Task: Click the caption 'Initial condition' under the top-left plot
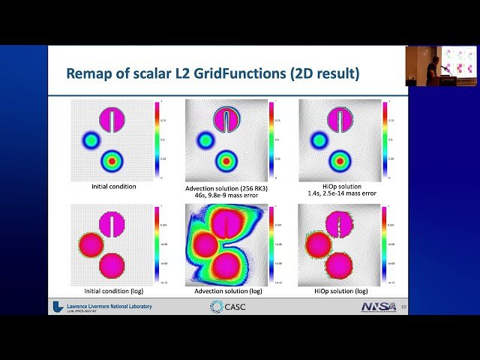point(113,186)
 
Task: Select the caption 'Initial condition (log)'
point(113,290)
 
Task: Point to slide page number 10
point(403,307)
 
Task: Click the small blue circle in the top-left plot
point(91,139)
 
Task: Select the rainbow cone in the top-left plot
point(112,160)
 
